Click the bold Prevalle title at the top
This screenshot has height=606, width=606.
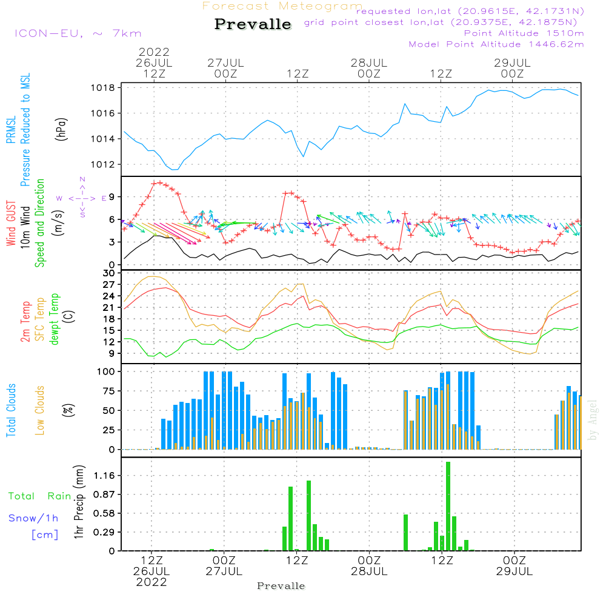[x=253, y=24]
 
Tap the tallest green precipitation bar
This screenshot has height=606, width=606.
[x=448, y=506]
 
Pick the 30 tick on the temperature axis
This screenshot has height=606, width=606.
[x=109, y=274]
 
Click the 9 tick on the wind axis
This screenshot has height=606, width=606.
[x=112, y=197]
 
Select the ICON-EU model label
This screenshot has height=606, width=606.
[x=78, y=33]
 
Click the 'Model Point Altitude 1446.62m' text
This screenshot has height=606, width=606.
[x=496, y=44]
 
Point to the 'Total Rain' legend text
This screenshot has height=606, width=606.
[x=39, y=496]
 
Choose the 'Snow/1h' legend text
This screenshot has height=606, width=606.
[x=33, y=518]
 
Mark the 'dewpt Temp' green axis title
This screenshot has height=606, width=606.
[x=55, y=319]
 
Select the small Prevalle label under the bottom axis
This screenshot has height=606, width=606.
[x=281, y=586]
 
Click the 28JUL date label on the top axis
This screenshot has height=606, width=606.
[x=369, y=62]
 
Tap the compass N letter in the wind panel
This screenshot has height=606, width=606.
[x=82, y=179]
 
